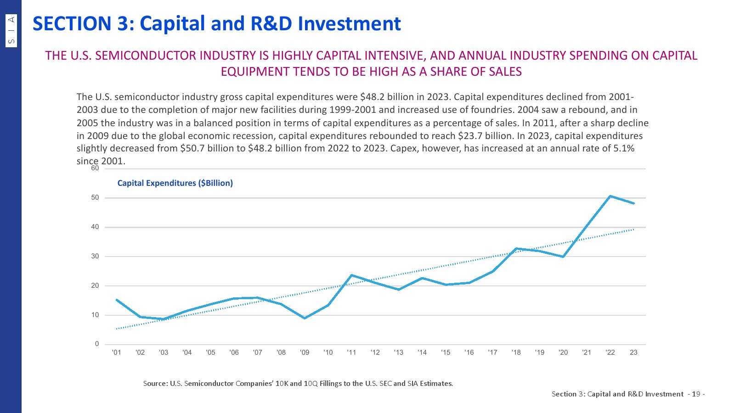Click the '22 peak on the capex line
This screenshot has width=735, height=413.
[x=610, y=196]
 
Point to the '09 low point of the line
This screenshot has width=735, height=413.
[x=305, y=318]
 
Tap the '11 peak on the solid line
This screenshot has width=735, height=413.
[x=351, y=275]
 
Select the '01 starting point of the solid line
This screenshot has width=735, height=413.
[x=117, y=300]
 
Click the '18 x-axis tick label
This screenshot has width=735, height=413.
[x=516, y=352]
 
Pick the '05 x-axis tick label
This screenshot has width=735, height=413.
[x=210, y=352]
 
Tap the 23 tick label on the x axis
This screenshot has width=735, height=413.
[x=633, y=352]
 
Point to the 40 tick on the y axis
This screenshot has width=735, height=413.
[x=95, y=227]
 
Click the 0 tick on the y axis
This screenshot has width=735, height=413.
[x=97, y=344]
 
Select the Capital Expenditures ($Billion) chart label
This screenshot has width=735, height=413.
[x=175, y=183]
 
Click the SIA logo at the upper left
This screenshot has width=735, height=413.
[x=11, y=31]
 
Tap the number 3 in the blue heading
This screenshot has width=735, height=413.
[x=123, y=24]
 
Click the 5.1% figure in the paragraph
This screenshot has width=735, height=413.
[x=624, y=148]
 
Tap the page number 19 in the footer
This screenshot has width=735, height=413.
[x=695, y=394]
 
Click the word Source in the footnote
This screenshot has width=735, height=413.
[x=155, y=383]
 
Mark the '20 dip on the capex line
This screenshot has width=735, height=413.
[x=563, y=257]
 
